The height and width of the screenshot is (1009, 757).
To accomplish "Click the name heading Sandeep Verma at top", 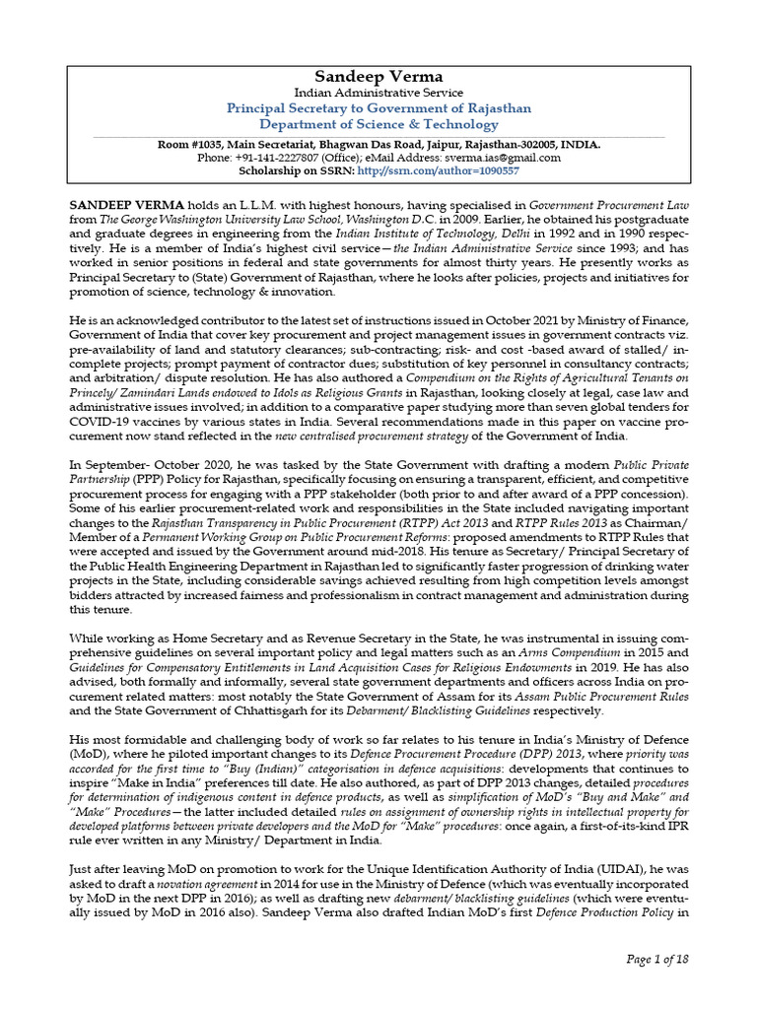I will click(x=378, y=76).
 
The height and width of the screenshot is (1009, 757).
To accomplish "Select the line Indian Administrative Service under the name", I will click(x=378, y=93).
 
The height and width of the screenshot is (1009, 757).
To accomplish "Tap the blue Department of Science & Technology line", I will click(x=378, y=124).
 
